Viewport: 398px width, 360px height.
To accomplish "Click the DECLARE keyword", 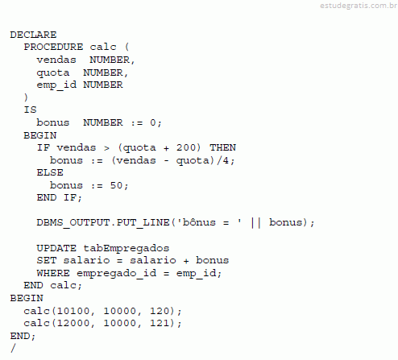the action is [33, 35].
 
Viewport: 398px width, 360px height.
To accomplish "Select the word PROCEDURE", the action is [53, 47].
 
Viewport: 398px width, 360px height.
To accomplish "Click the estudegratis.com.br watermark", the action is [359, 6].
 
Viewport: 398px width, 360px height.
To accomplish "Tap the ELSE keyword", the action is [50, 172].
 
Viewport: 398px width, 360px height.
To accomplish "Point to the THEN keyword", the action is [222, 147].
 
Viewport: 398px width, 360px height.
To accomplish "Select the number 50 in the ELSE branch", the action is [116, 185].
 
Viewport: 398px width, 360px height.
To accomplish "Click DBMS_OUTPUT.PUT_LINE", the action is [103, 223].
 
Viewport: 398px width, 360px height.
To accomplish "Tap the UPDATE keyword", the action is [56, 248].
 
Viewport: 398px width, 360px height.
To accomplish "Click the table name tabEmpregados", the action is [126, 249].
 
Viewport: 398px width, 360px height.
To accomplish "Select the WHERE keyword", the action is [53, 273].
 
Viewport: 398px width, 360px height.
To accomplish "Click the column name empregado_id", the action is [116, 274].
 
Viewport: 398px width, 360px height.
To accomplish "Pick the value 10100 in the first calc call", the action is [73, 311].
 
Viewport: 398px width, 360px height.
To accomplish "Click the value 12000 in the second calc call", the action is [73, 323].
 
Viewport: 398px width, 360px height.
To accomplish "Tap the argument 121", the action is [160, 323].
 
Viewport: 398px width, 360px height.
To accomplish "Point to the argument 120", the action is [160, 311].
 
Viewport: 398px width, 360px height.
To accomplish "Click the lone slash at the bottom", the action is [13, 348].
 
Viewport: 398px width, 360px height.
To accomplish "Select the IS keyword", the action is [30, 110].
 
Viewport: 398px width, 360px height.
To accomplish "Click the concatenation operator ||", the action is [255, 223].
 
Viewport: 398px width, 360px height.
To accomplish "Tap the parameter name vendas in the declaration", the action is [56, 60].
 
